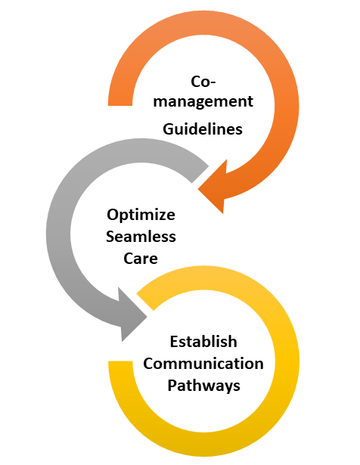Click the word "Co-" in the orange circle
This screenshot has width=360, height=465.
(203, 81)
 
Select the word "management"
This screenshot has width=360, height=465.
(203, 102)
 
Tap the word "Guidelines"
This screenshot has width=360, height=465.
(203, 129)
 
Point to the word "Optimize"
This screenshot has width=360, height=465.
(141, 215)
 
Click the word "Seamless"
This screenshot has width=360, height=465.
(141, 237)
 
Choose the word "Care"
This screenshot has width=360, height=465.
(141, 259)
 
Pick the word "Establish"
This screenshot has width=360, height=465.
(203, 341)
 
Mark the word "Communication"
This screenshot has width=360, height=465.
(203, 363)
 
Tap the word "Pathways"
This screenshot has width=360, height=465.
(203, 386)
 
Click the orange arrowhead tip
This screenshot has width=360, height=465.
(198, 189)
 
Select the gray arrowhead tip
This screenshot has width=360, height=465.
(147, 318)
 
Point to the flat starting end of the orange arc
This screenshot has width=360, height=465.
(120, 105)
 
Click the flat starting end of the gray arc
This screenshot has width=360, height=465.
(200, 174)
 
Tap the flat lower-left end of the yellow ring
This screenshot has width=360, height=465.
(120, 361)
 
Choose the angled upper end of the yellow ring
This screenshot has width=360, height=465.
(145, 302)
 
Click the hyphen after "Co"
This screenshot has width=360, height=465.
(213, 83)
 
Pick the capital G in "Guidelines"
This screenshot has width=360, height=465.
(169, 129)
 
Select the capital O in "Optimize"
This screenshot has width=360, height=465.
(113, 215)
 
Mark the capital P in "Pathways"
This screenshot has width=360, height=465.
(172, 385)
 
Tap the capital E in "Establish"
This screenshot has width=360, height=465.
(174, 341)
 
